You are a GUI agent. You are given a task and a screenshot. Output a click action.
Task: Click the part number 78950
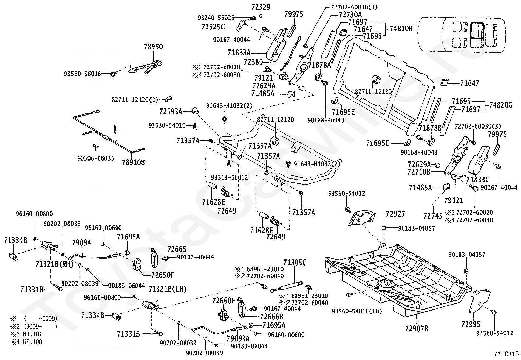[153, 47]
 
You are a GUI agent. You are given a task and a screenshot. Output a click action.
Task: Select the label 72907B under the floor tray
[417, 328]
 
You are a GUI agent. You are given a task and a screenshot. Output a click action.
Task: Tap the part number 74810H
[401, 28]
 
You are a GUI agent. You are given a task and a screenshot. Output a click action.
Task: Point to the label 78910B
[134, 162]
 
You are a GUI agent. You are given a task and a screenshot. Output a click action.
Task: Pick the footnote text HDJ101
[32, 334]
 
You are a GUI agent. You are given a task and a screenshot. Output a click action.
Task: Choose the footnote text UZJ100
[32, 342]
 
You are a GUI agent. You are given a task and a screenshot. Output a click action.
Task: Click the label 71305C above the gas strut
[295, 263]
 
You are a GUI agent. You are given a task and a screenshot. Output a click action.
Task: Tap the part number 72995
[471, 324]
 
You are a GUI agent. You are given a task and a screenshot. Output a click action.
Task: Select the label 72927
[395, 214]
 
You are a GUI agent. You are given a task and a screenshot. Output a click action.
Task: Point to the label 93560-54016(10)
[357, 311]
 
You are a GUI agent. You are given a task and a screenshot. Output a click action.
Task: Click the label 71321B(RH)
[54, 264]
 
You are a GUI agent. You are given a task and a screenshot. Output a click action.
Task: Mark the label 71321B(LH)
[168, 289]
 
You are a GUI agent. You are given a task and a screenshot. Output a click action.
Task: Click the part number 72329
[261, 7]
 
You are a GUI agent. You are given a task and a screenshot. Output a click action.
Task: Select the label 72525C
[213, 27]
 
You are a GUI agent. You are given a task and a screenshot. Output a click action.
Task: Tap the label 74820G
[500, 105]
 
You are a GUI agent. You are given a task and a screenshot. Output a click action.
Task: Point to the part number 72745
[433, 216]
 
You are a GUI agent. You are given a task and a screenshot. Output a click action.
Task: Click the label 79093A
[238, 338]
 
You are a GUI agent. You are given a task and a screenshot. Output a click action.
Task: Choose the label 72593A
[171, 112]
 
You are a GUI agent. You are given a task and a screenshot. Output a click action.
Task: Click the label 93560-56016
[82, 74]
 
